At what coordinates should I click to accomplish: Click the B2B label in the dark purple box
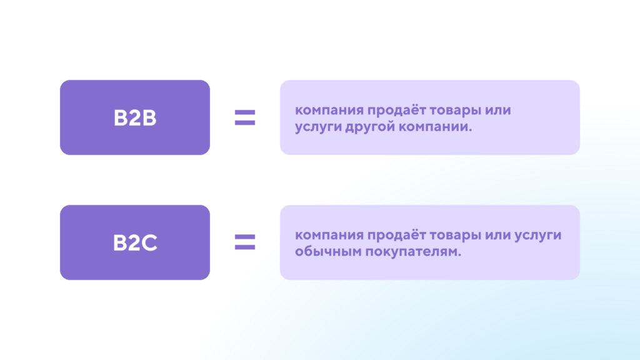coord(135,118)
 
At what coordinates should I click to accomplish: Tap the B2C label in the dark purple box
coord(135,242)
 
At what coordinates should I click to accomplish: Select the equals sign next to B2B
coord(245,117)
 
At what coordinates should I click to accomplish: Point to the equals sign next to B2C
coord(245,242)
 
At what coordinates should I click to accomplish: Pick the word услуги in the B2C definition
coord(538,236)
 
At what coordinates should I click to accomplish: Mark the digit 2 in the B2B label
coord(134,118)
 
